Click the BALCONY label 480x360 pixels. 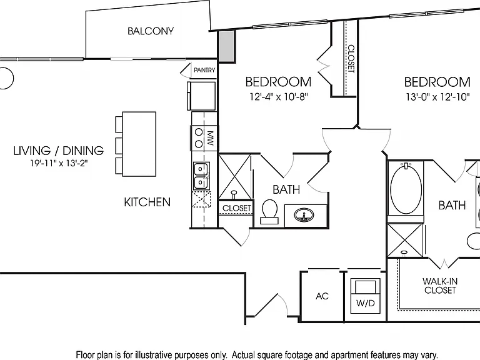point(151,31)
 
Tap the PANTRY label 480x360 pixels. point(204,70)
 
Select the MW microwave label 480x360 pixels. point(210,139)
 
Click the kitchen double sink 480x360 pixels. point(201,176)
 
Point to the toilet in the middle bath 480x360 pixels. point(269,212)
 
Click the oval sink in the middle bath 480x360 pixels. point(304,215)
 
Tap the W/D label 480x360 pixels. point(365,303)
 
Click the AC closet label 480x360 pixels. point(322,296)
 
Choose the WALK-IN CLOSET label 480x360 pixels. point(440,286)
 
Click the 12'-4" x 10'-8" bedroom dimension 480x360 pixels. point(278,97)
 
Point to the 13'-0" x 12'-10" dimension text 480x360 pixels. point(437,97)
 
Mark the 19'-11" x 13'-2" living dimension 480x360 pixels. point(59,164)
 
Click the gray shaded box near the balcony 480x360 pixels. point(227,46)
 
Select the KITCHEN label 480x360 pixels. point(147,202)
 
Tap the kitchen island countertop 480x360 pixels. point(139,144)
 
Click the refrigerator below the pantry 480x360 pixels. point(201,96)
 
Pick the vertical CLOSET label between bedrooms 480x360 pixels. point(351,59)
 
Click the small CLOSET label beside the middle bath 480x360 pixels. point(237,208)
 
